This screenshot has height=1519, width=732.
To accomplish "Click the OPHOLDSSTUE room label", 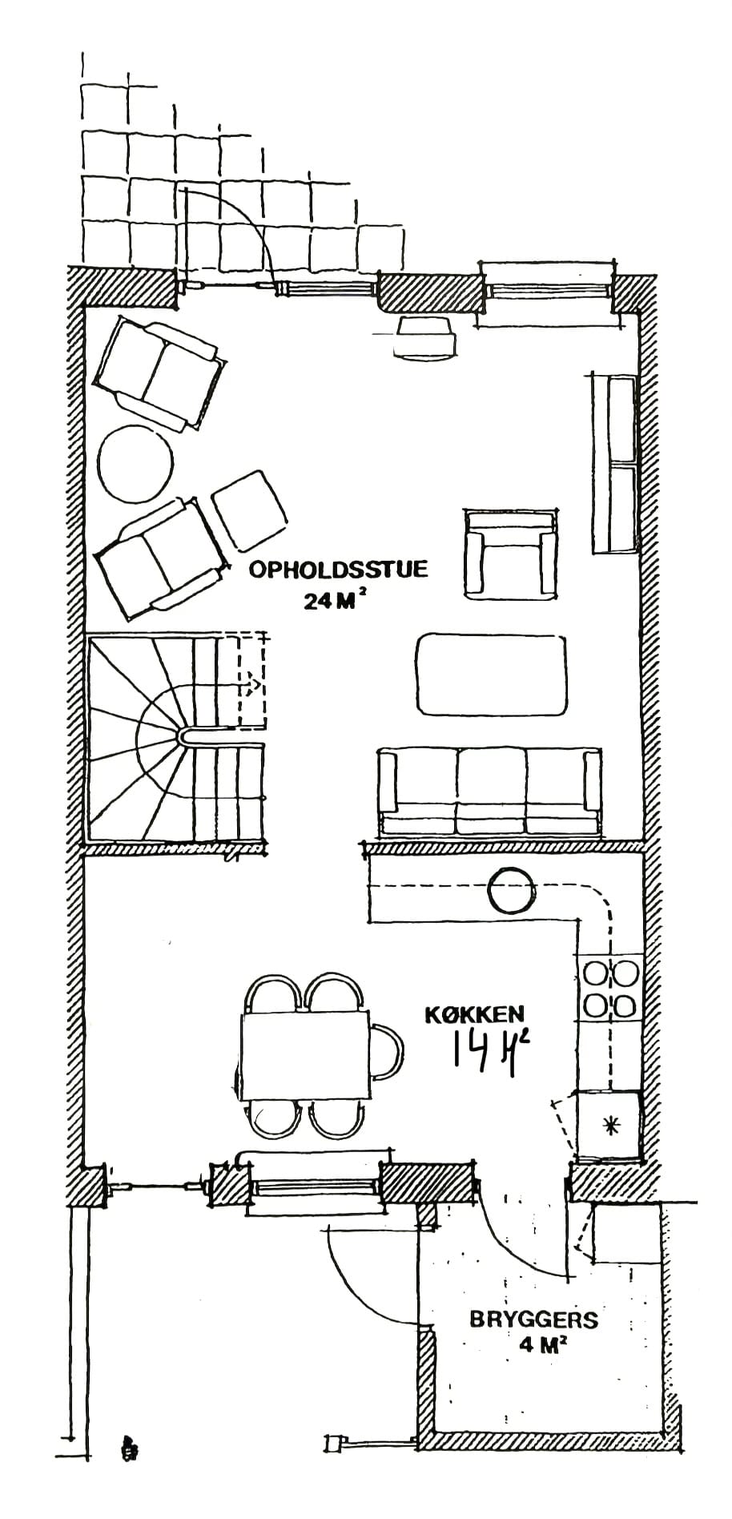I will [x=338, y=570].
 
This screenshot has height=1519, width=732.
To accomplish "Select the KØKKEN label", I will [x=474, y=1014].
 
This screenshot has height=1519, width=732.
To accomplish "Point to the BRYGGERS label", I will [x=533, y=1319].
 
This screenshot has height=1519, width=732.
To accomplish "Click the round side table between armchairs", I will [x=135, y=463].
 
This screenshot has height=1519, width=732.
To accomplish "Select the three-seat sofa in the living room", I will [x=489, y=792].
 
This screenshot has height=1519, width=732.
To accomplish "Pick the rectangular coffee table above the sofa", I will [x=491, y=674].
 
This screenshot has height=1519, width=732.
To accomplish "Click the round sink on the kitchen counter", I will [x=511, y=892].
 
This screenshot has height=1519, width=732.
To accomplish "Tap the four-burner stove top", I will [x=610, y=989].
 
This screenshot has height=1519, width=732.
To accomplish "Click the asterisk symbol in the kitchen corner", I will [x=611, y=1126].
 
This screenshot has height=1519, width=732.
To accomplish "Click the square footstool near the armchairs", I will [x=249, y=510].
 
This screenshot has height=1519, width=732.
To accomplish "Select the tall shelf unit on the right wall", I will [x=614, y=464].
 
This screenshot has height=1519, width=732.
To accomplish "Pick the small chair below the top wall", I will [x=425, y=337].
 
